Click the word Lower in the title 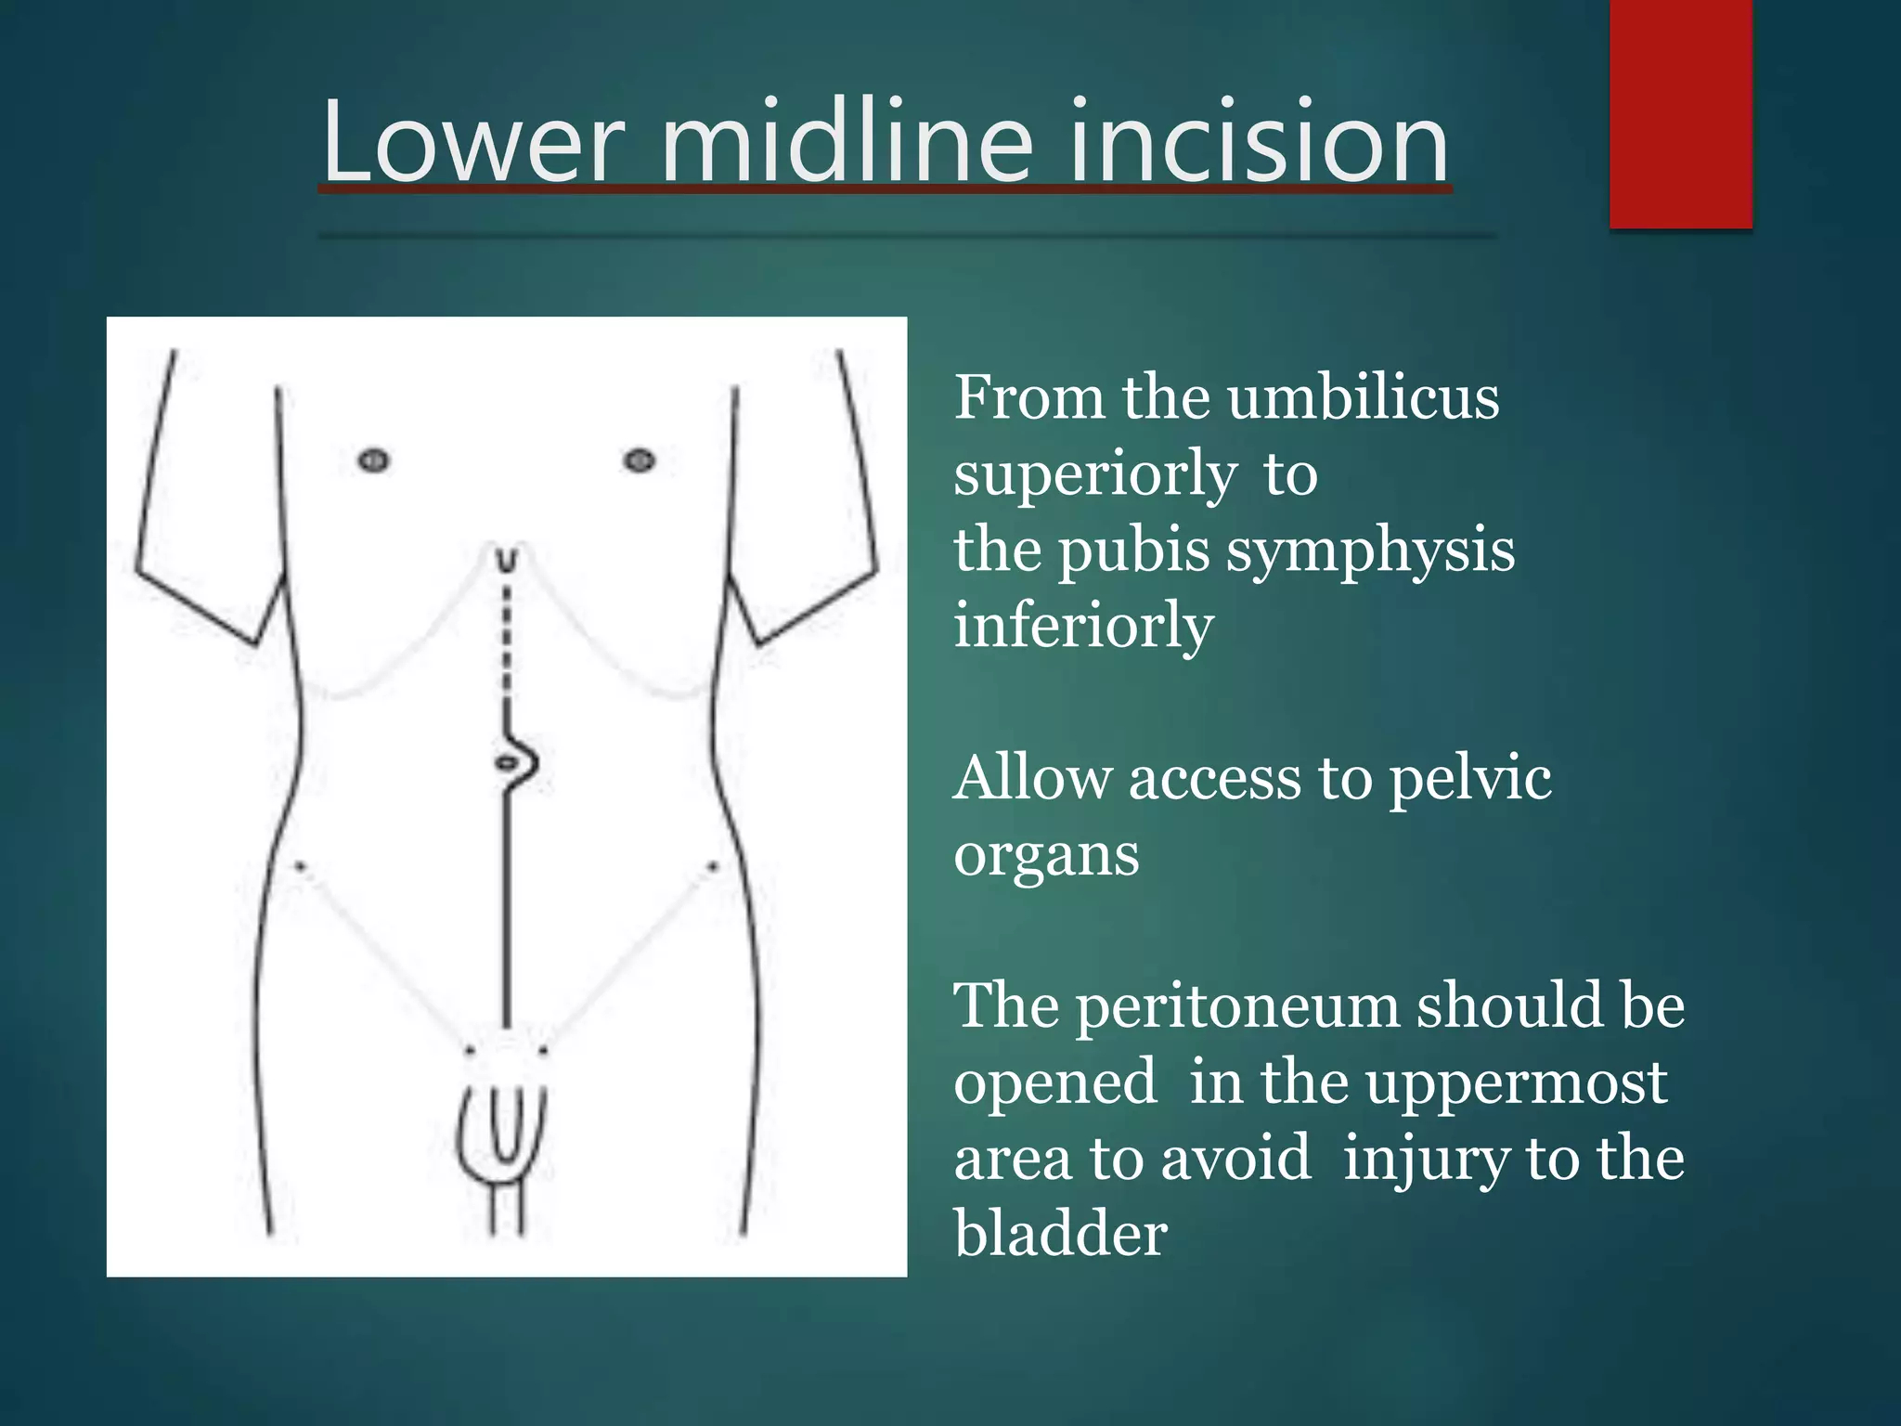pyautogui.click(x=472, y=143)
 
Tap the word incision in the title pyautogui.click(x=1259, y=143)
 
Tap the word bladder pyautogui.click(x=1060, y=1235)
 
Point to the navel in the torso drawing pyautogui.click(x=507, y=763)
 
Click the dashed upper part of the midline pyautogui.click(x=507, y=641)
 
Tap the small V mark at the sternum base pyautogui.click(x=506, y=561)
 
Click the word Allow pyautogui.click(x=1031, y=778)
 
